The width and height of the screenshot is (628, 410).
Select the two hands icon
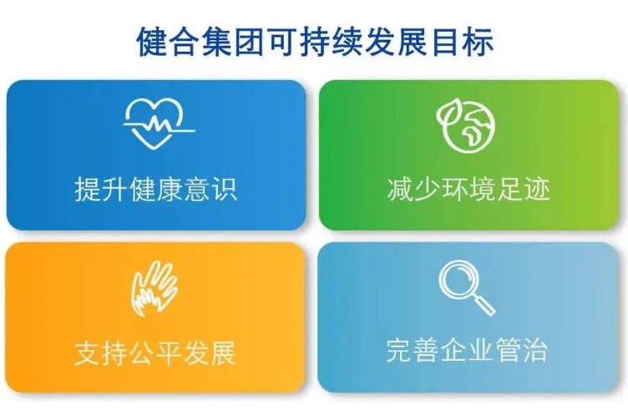(x=154, y=289)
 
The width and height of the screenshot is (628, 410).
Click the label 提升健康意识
(x=156, y=189)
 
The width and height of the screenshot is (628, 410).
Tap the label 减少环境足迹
(x=468, y=189)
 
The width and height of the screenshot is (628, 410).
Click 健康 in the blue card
(x=156, y=189)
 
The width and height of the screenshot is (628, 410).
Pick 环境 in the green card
(x=468, y=189)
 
